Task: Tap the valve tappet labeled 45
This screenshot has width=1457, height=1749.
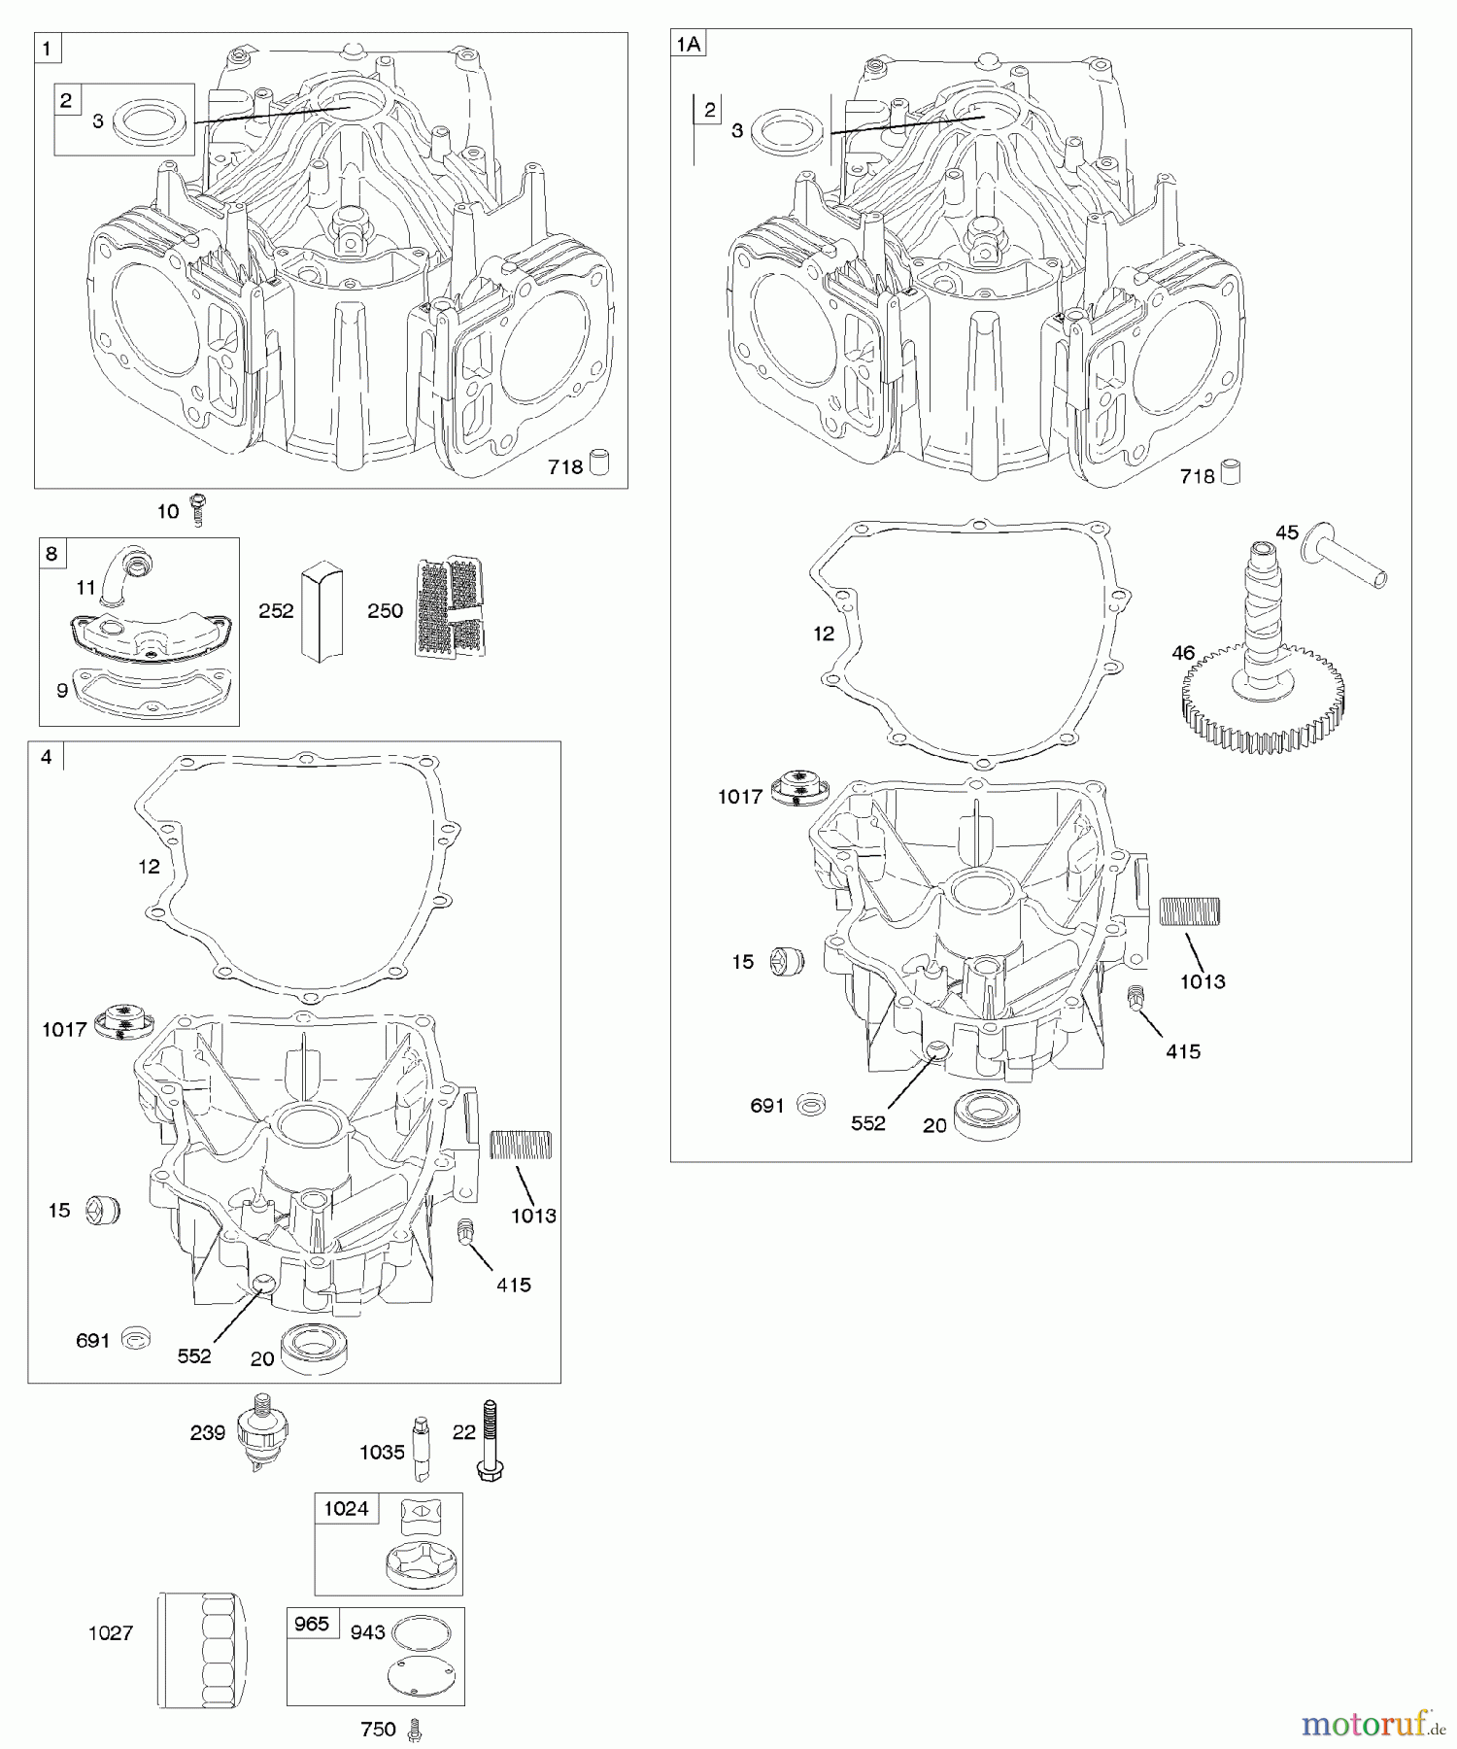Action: click(1346, 556)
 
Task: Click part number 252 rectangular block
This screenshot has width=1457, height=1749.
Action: click(322, 611)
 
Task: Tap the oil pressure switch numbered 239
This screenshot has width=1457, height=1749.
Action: click(262, 1436)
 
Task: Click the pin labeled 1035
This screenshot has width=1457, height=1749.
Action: click(422, 1448)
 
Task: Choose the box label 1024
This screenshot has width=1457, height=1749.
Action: click(347, 1508)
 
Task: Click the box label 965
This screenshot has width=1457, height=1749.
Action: click(312, 1624)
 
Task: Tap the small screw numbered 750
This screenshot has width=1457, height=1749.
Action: click(417, 1729)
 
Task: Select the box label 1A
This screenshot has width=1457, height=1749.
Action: click(688, 44)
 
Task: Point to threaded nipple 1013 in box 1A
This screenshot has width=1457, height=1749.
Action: click(1190, 911)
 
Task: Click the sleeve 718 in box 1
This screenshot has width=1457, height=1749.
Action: click(600, 463)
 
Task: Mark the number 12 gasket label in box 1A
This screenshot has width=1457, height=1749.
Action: click(824, 634)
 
